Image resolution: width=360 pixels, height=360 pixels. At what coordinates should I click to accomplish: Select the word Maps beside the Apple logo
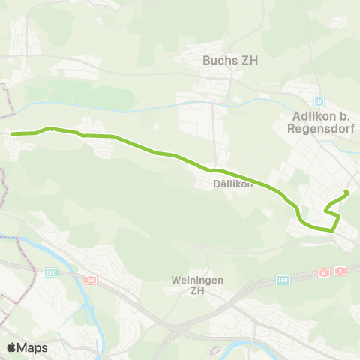coord(32,347)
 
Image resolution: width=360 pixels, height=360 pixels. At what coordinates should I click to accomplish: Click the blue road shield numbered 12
coord(319,100)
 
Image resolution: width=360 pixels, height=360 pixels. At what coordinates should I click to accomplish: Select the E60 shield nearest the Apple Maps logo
coord(51,272)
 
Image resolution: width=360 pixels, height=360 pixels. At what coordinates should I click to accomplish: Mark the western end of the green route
coord(13,133)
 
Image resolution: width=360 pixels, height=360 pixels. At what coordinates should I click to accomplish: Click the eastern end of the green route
coord(347,193)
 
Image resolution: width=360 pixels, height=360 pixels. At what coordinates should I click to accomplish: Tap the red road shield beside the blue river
coord(91,279)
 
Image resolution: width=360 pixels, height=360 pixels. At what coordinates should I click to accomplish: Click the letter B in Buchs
coord(207,61)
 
